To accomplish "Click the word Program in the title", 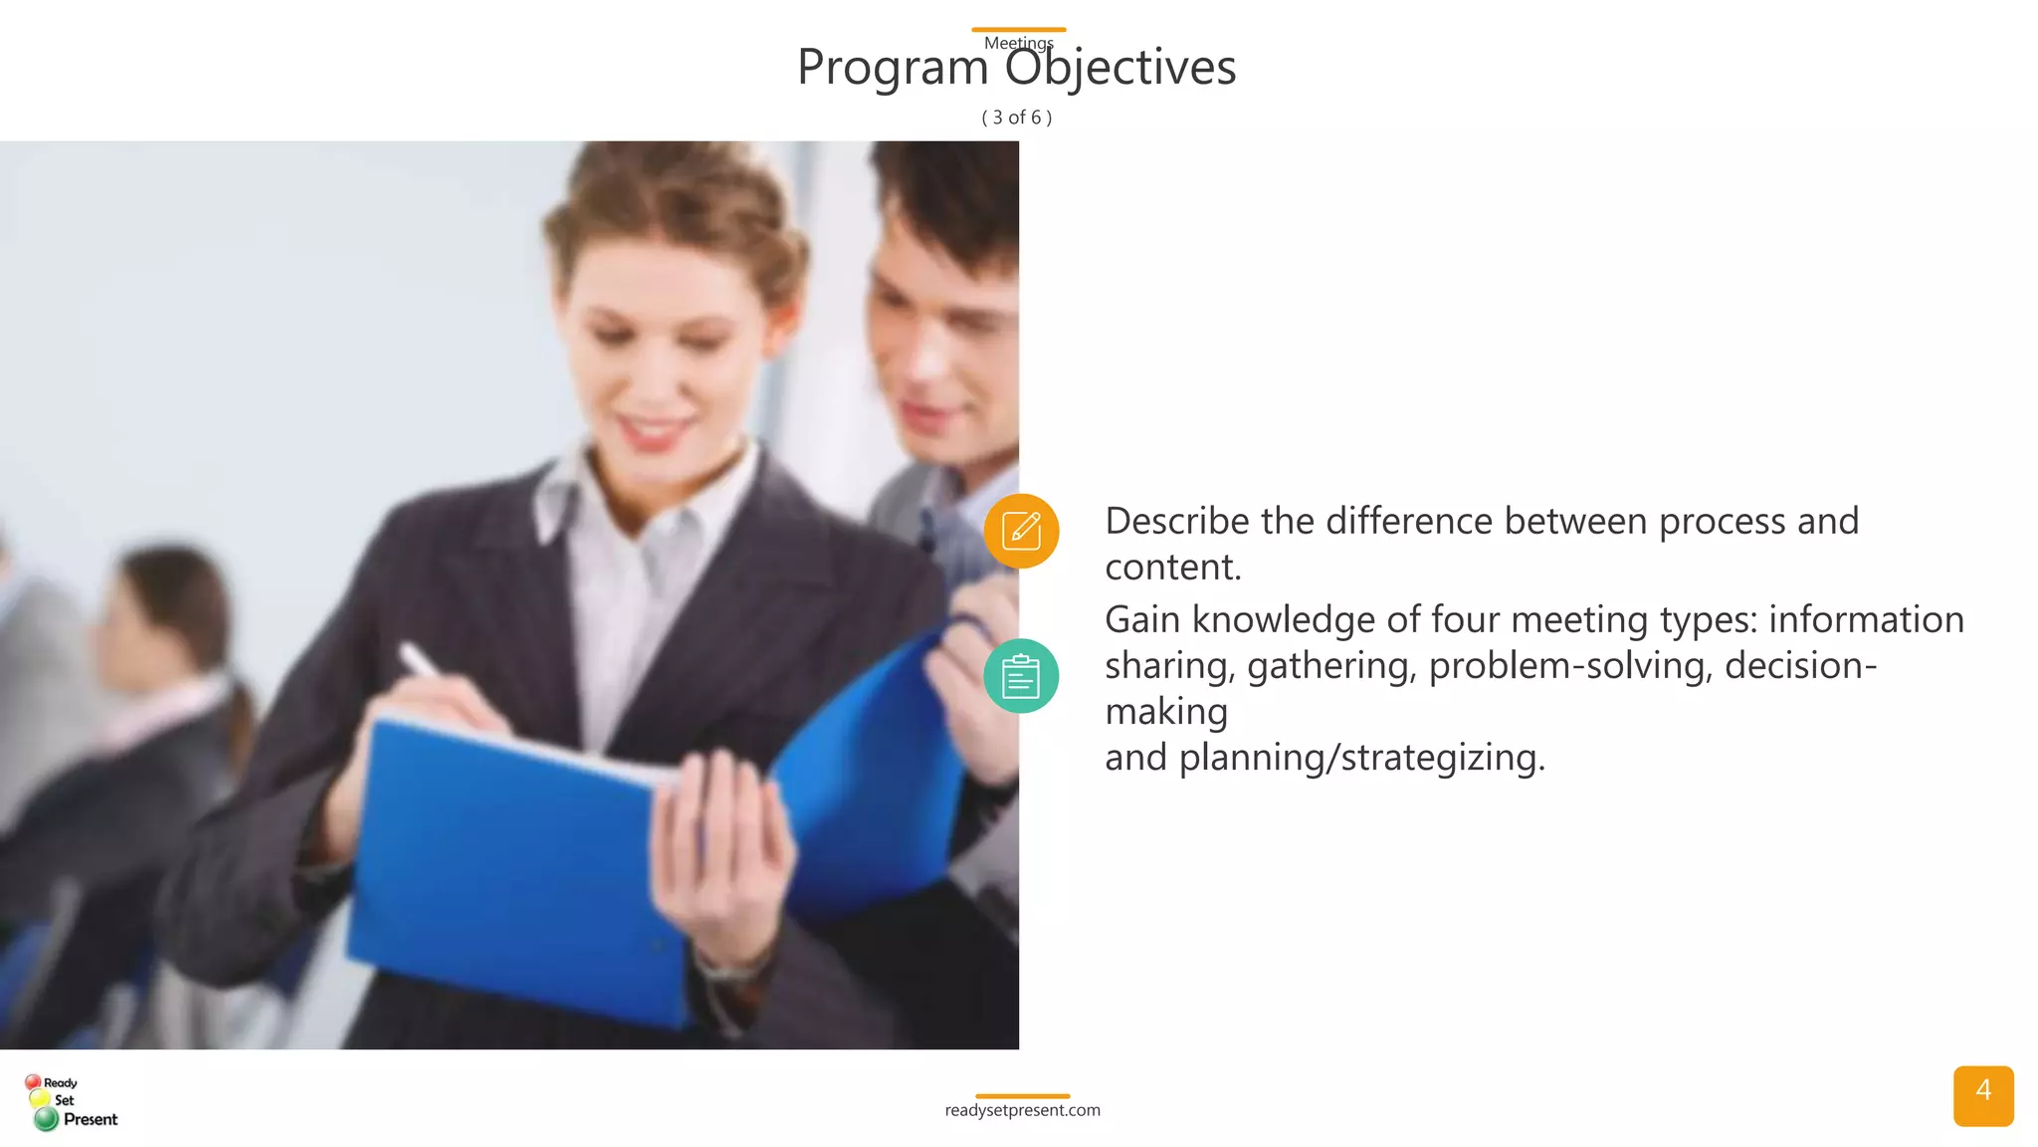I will coord(893,68).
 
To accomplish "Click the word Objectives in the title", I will coord(1120,68).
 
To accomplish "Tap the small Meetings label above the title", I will coord(1018,43).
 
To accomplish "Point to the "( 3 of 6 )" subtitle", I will coord(1017,117).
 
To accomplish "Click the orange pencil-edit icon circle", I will coord(1021,531).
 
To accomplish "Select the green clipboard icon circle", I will coord(1021,676).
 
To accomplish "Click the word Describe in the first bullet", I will coord(1176,521).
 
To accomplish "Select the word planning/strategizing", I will coord(1361,757).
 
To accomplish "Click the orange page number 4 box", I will coord(1982,1095).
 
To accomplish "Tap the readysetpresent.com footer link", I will coord(1022,1110).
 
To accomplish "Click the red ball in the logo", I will coord(33,1081).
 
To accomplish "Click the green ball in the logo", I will coord(46,1119).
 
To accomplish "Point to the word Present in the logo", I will coord(91,1119).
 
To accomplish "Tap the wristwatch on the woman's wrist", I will coord(731,965).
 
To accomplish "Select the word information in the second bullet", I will coord(1866,619).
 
